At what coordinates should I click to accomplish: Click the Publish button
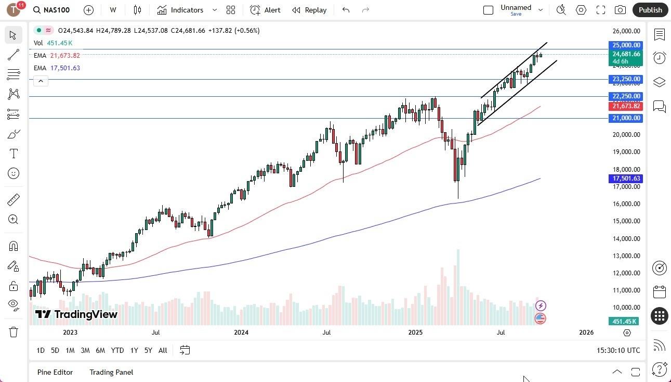point(650,10)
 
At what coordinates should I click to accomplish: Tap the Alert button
point(266,10)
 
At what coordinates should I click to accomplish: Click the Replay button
point(309,10)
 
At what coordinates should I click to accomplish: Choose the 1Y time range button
point(134,350)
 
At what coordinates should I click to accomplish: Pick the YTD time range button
point(117,350)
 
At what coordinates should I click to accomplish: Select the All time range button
point(163,350)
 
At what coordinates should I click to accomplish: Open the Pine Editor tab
point(55,372)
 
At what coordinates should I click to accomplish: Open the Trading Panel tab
point(111,372)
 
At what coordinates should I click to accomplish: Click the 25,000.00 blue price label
point(626,45)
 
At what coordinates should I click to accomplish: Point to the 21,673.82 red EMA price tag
point(626,106)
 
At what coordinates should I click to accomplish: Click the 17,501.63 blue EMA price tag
point(626,179)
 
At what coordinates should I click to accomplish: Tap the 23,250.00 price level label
point(626,80)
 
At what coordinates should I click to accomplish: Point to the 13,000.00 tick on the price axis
point(626,256)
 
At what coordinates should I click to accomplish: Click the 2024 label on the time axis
point(241,332)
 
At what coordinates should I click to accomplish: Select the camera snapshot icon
point(620,10)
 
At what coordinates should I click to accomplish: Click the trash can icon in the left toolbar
point(14,332)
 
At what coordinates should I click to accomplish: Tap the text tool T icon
point(14,154)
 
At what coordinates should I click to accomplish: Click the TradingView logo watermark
point(76,314)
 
